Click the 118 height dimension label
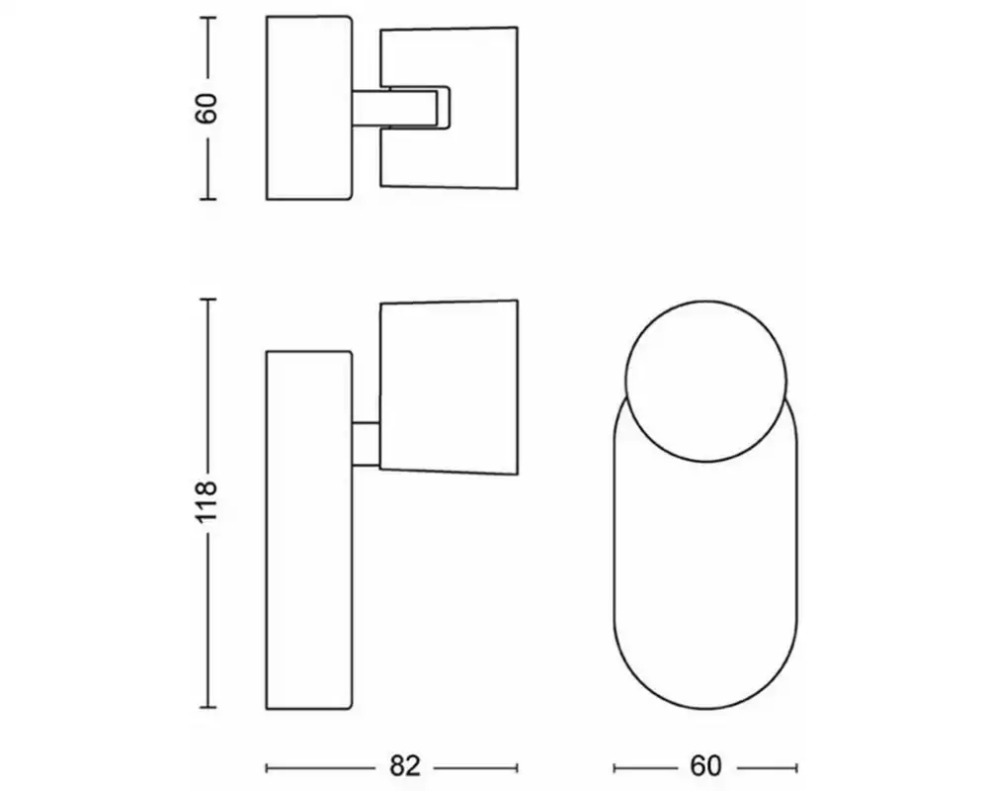(206, 503)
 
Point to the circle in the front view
(707, 380)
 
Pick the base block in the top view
(309, 107)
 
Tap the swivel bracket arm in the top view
(405, 107)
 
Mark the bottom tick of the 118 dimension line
(206, 708)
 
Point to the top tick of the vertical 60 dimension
(206, 16)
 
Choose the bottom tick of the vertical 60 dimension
(206, 200)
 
